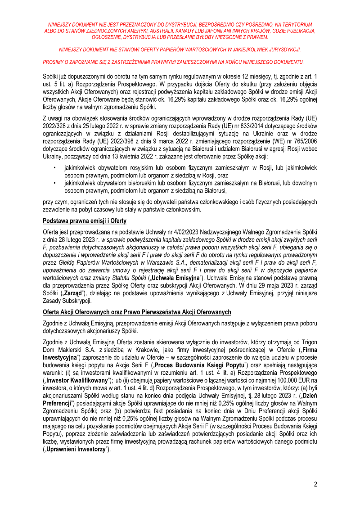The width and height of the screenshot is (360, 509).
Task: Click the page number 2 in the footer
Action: (x=315, y=485)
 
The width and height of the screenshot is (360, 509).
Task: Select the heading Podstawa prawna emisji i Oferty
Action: (x=85, y=221)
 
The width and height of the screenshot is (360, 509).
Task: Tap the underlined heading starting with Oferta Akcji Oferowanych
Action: (x=137, y=312)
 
